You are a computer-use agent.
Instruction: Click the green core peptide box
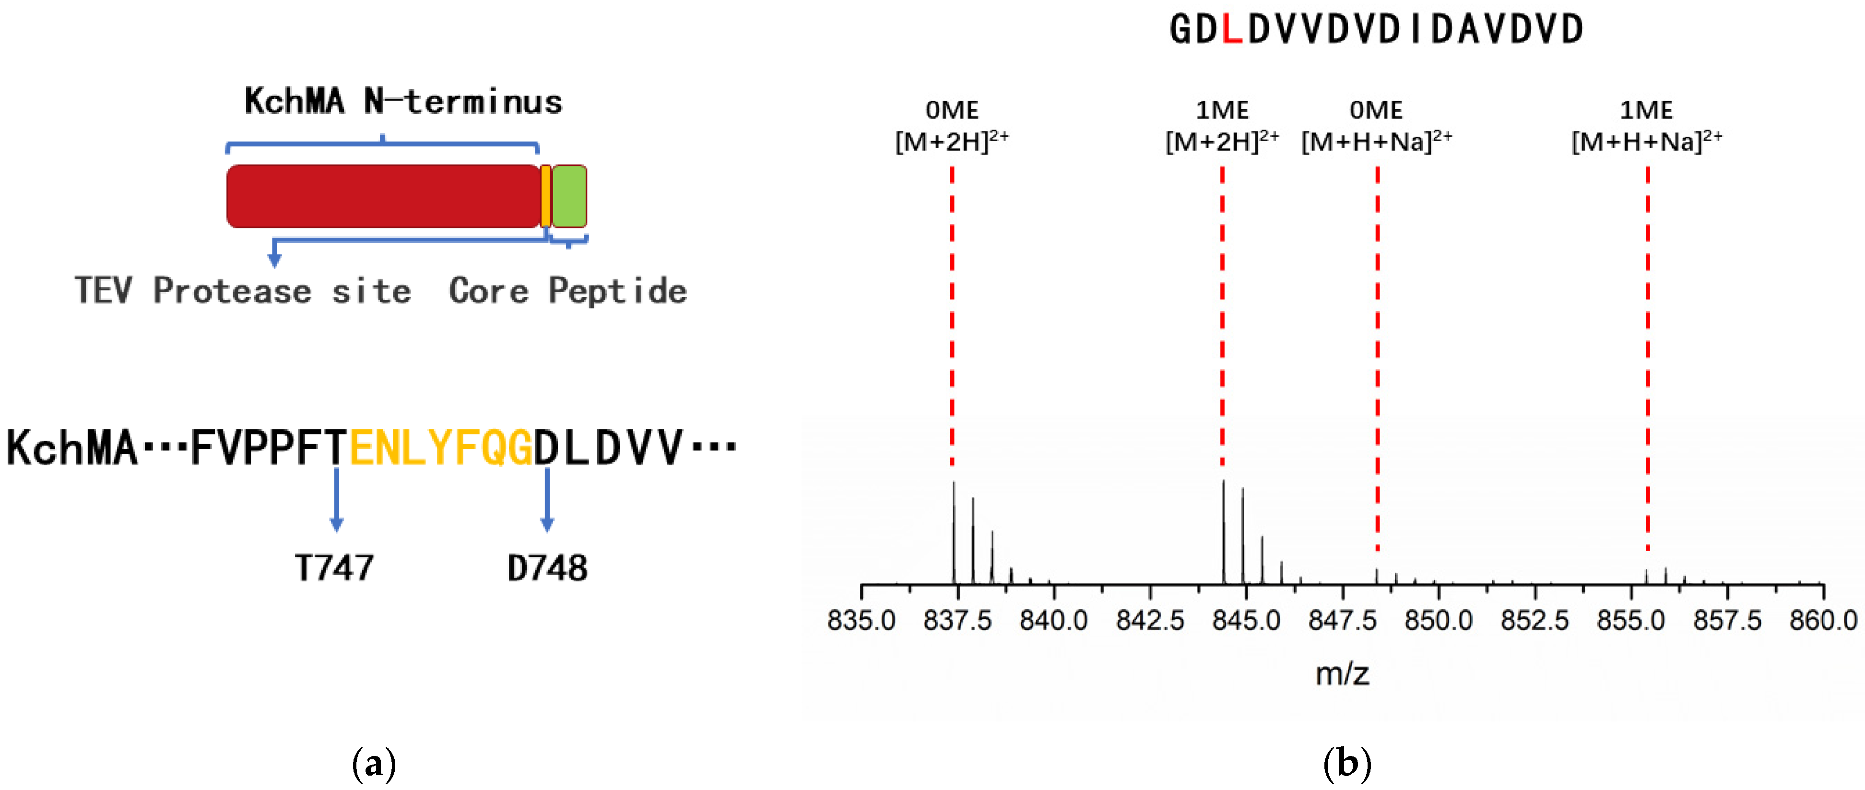[569, 196]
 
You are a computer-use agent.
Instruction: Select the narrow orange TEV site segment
[545, 196]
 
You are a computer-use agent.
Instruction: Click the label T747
[334, 568]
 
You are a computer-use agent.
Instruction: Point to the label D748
[547, 568]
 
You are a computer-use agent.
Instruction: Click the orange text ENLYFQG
[441, 448]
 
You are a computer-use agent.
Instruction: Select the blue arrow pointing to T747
[336, 500]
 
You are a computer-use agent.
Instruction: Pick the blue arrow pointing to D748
[547, 500]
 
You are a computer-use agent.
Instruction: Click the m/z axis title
[1342, 674]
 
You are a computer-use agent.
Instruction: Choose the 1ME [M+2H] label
[1222, 127]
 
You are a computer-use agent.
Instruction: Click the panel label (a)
[374, 765]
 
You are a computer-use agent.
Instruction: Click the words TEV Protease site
[243, 291]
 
